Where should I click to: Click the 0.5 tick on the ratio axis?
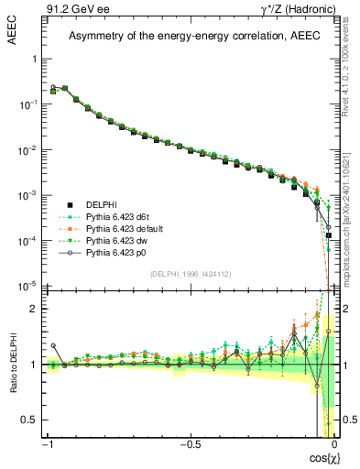(x=33, y=420)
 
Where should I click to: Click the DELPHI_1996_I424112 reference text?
(x=190, y=276)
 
